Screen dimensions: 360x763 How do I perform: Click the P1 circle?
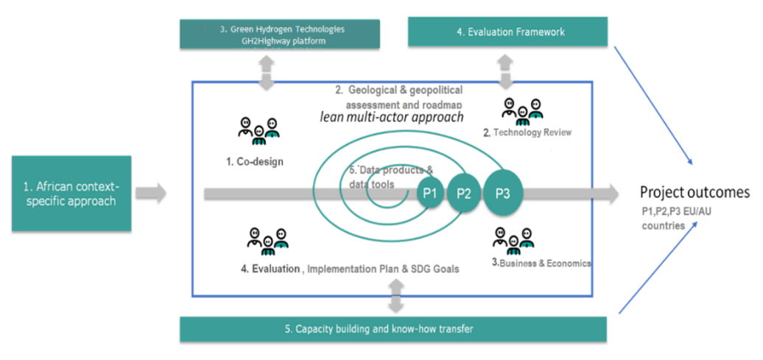[429, 194]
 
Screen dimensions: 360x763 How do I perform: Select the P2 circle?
[464, 194]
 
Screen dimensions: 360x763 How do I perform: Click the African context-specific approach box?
[71, 191]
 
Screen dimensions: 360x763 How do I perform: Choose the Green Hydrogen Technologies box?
[279, 35]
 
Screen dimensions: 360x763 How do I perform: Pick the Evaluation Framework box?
[507, 32]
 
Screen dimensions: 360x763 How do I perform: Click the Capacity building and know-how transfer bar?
[393, 328]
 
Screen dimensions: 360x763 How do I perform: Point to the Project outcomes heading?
[695, 192]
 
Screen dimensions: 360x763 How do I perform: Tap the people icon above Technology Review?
[522, 109]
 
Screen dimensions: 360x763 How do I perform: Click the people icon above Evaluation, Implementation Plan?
[267, 237]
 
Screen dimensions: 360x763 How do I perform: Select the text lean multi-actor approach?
[391, 116]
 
